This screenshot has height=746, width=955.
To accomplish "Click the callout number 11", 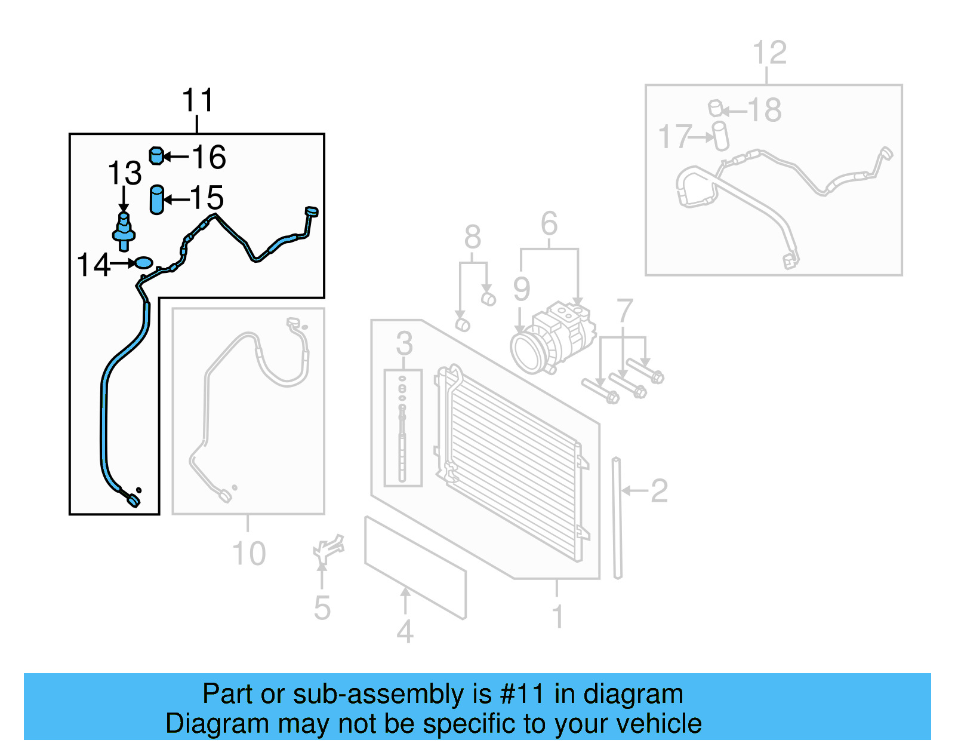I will [x=198, y=100].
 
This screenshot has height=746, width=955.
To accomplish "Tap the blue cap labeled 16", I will [x=156, y=155].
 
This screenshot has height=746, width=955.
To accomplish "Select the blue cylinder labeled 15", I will [x=157, y=199].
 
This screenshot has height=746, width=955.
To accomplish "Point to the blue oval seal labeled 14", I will [x=144, y=262].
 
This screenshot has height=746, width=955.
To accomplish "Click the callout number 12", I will [x=769, y=53].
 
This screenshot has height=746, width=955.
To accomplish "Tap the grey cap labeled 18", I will [x=716, y=108].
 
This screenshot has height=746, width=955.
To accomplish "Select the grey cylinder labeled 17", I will [x=721, y=136].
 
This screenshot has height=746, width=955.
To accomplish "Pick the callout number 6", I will [x=549, y=224].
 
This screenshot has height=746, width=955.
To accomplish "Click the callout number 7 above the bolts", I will [x=624, y=311].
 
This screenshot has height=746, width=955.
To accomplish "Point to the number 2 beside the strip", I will [x=659, y=491].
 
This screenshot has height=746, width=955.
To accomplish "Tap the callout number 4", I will [x=405, y=631].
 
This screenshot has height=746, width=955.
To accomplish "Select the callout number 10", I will [x=249, y=554].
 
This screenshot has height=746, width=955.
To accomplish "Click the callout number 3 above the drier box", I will [x=404, y=343].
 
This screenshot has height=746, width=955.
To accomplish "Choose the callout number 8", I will [x=473, y=237].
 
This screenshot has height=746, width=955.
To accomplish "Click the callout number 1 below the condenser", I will [x=557, y=616].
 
